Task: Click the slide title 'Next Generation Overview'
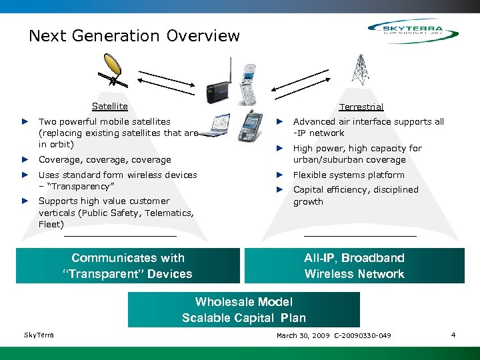134,36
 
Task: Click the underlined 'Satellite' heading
109,106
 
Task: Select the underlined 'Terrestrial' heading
361,107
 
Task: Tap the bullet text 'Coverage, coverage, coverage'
105,160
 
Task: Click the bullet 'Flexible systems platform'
349,175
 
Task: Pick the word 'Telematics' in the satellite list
171,213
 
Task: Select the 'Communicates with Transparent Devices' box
127,266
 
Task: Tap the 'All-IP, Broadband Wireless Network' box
354,266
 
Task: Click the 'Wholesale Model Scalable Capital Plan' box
243,310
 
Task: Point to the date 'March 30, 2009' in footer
303,335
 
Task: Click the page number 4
453,335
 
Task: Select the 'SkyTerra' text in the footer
39,335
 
